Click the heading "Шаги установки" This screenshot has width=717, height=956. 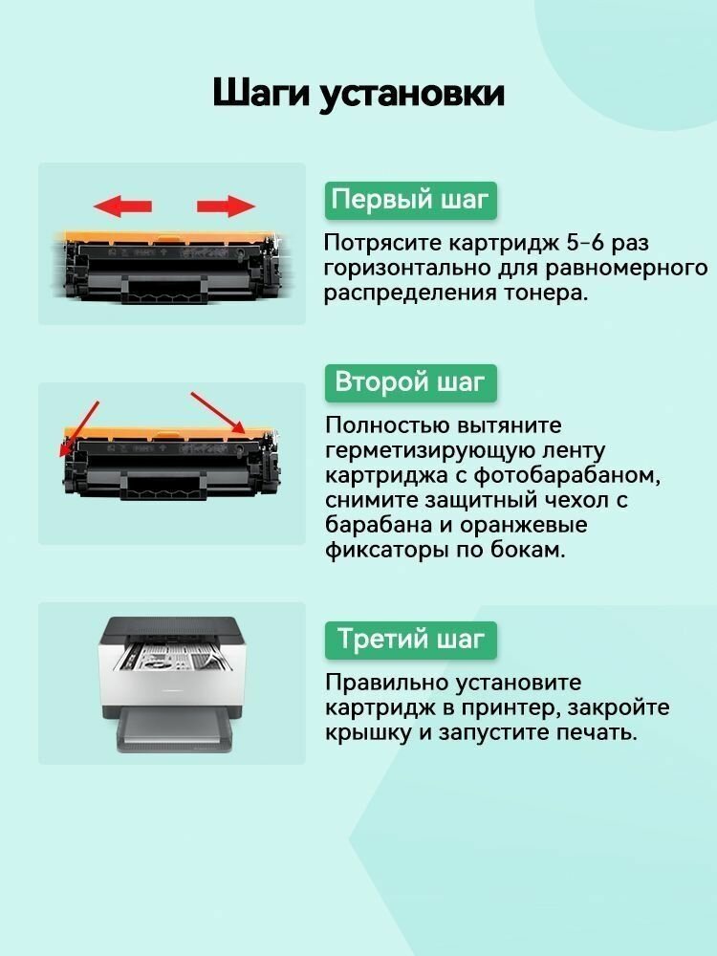pos(358,95)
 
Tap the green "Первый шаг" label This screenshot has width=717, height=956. pos(410,201)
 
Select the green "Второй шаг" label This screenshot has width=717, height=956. pos(410,382)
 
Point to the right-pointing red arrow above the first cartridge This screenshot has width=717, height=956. pos(226,206)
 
